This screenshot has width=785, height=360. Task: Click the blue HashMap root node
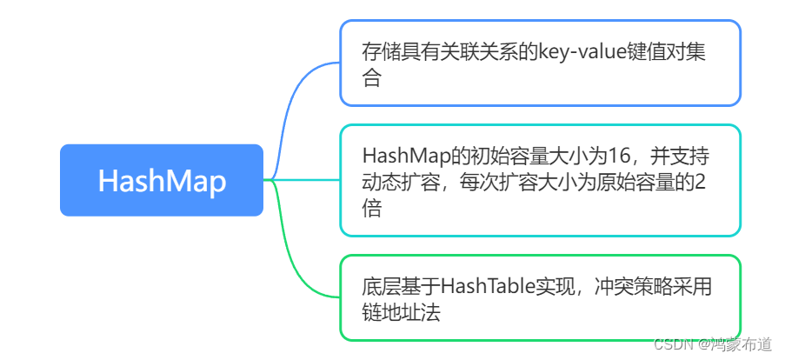tap(161, 180)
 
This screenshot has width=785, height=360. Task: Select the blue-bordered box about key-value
tap(539, 63)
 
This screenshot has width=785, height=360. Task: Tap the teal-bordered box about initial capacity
tap(539, 180)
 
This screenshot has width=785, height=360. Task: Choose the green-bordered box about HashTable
tap(539, 297)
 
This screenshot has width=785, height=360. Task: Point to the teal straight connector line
tap(304, 180)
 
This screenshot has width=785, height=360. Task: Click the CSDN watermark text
tap(671, 344)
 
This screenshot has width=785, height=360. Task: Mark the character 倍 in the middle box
tap(372, 210)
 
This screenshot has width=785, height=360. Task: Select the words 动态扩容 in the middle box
tap(401, 183)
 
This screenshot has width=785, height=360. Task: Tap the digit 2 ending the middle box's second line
tap(701, 183)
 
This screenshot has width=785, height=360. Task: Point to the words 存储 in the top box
tap(382, 51)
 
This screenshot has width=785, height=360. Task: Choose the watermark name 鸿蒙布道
tap(742, 344)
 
